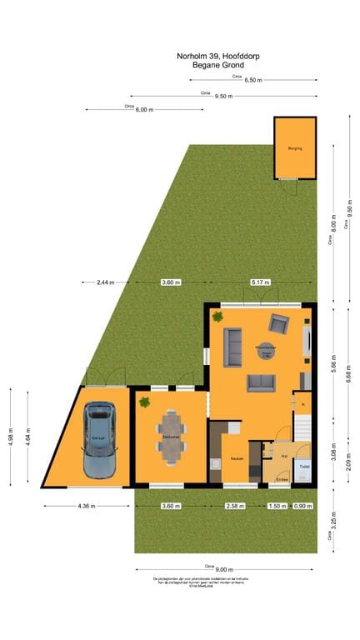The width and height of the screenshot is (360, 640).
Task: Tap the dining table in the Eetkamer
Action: point(171,436)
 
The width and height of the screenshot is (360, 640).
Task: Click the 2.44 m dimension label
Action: point(105,282)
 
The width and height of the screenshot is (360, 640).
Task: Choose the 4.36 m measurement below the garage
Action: point(87,506)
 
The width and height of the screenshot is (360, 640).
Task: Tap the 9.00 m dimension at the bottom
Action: point(227,570)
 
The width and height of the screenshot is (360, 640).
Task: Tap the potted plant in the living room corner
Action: point(217,316)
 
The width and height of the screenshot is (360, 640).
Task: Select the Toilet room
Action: point(304,467)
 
